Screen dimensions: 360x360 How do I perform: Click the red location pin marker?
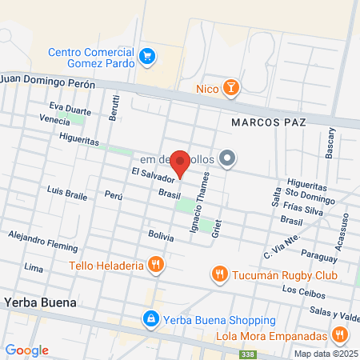pos(181,162)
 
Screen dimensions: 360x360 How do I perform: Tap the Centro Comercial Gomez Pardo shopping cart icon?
pos(146,56)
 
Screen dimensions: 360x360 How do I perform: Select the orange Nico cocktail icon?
pos(230,87)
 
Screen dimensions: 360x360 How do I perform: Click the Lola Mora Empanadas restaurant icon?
pos(339,334)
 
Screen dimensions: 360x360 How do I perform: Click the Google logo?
pos(26,350)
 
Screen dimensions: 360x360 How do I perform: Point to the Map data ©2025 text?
pos(326,354)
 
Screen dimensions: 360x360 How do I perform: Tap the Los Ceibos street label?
pos(300,290)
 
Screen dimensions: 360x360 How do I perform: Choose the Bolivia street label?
pos(161,234)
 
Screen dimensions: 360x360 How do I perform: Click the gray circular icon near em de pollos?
pos(227,158)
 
